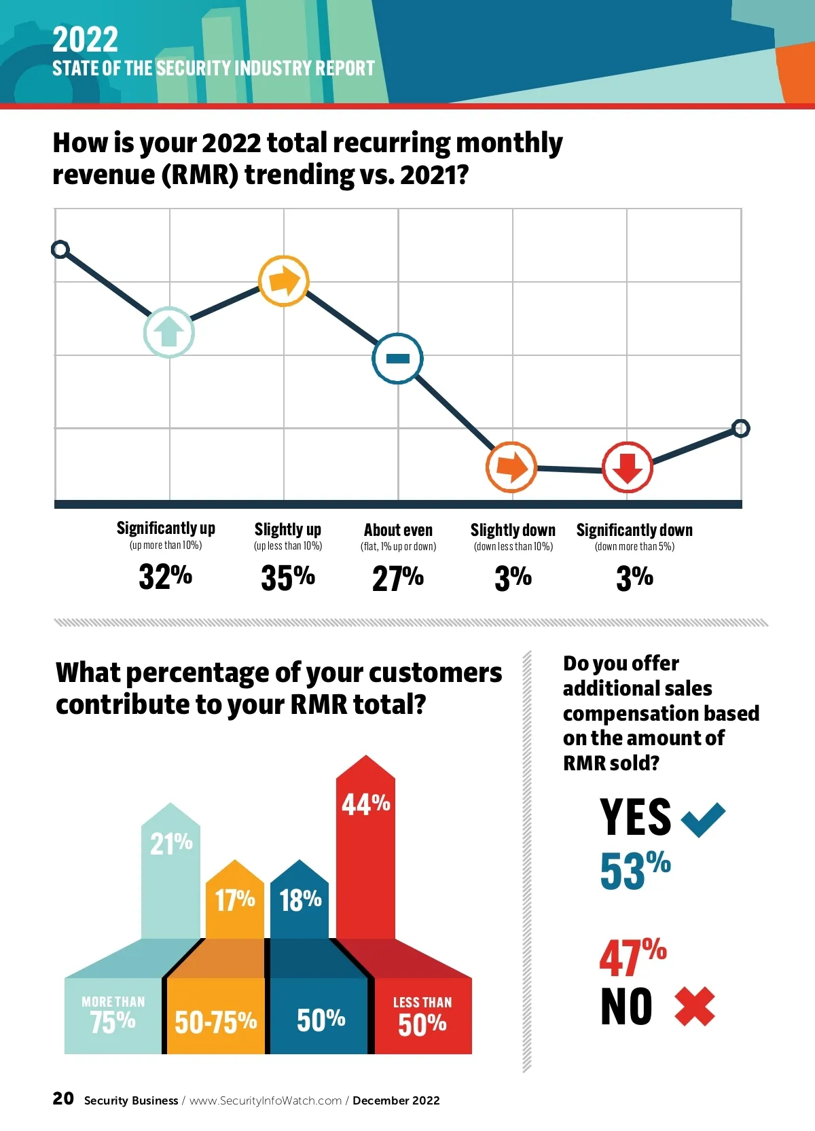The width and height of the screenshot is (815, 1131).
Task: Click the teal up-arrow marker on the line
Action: coord(169,332)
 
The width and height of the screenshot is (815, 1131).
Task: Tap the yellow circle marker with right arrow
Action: coord(284,281)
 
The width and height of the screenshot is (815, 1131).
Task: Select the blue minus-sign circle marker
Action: coord(397,358)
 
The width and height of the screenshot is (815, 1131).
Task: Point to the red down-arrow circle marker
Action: coord(628,467)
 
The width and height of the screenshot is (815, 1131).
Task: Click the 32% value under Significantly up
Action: coord(165,577)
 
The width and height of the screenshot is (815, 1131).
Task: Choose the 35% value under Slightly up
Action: coord(288,577)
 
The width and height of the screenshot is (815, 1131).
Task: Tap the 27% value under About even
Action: coord(398,579)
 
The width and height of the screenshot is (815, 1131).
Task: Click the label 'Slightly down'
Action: coord(513,530)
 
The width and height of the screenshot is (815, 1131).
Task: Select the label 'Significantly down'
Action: coord(634,530)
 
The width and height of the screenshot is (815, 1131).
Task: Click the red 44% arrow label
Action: coord(365,804)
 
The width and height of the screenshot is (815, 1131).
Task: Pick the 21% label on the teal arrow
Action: coord(171,844)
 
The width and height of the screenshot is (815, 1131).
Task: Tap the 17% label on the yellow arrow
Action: coord(235,900)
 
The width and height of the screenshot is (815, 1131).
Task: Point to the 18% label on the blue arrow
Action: coord(300,900)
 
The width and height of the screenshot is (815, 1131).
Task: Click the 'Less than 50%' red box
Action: coord(422,1016)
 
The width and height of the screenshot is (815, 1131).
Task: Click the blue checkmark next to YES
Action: coord(703,818)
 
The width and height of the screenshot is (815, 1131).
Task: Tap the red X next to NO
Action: coord(695,1007)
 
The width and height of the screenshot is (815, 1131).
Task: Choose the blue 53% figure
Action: coord(635,870)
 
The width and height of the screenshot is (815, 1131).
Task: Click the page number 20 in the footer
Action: coord(63,1098)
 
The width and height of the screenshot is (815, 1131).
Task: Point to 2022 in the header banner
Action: coord(85,39)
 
